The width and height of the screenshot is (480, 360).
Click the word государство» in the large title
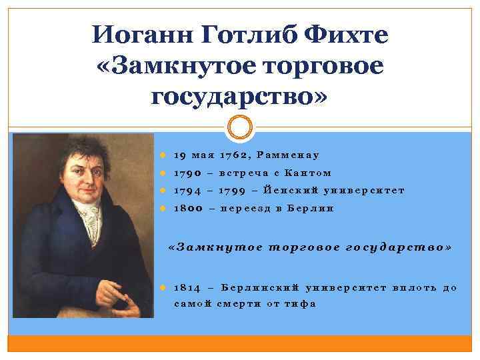pyautogui.click(x=239, y=96)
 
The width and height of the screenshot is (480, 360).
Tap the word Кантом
pyautogui.click(x=307, y=173)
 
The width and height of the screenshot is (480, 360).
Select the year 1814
pyautogui.click(x=187, y=287)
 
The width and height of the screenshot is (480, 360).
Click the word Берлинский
pyautogui.click(x=259, y=287)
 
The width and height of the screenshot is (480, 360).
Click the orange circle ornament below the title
pyautogui.click(x=240, y=127)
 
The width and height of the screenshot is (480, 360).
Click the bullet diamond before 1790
pyautogui.click(x=164, y=173)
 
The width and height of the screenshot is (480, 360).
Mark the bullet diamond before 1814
pyautogui.click(x=164, y=287)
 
